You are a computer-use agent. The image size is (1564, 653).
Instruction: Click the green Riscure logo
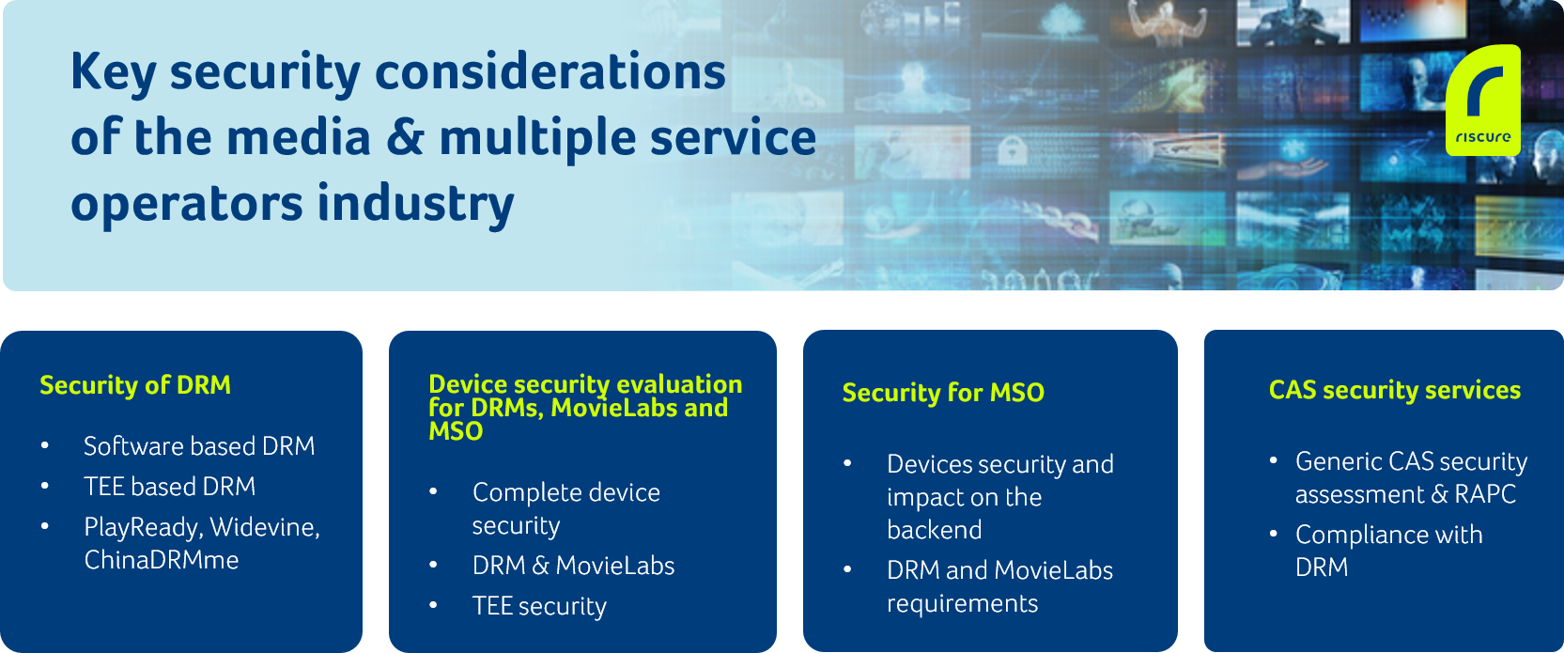click(x=1483, y=100)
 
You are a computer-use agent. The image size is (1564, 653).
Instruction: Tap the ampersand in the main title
click(x=404, y=137)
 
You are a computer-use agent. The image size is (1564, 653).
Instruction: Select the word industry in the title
click(x=415, y=204)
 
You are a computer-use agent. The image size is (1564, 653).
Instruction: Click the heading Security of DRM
click(x=134, y=385)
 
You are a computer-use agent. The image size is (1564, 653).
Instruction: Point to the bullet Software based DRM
click(x=199, y=446)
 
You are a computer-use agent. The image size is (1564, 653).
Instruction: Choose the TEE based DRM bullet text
click(x=170, y=487)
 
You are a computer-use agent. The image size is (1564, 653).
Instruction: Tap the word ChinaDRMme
click(x=162, y=560)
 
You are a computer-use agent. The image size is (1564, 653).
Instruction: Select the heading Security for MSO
click(x=943, y=393)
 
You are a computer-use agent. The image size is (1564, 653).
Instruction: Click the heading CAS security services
click(x=1394, y=390)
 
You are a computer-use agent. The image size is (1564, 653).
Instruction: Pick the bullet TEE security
click(x=539, y=606)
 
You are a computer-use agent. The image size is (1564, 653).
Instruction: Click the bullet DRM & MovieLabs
click(x=573, y=566)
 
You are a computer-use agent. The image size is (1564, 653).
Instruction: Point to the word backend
click(x=935, y=530)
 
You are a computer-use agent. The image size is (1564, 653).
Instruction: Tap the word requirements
click(x=962, y=603)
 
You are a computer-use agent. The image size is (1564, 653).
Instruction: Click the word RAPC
click(x=1485, y=494)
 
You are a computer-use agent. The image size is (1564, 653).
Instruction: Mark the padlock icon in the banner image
click(x=1011, y=150)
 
